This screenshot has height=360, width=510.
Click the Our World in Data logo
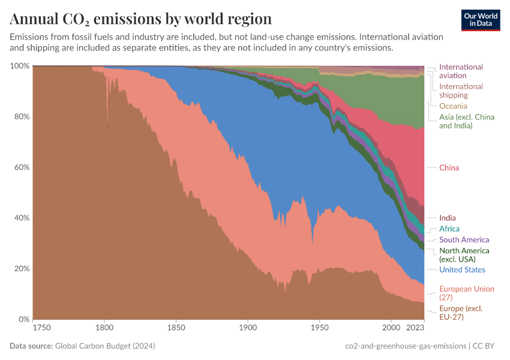481,19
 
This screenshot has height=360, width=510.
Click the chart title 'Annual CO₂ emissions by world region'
140,19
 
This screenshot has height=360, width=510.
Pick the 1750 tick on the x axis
42,328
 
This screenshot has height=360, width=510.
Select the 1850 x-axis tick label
176,328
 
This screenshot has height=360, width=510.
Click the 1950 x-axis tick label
319,328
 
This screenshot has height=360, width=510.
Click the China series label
449,167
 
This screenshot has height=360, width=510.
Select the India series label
447,218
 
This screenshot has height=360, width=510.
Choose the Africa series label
449,229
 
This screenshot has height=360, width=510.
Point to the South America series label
464,239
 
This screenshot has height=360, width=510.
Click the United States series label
462,269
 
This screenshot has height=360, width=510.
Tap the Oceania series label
453,106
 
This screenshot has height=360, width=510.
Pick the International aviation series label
461,71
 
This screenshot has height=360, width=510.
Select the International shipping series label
461,91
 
